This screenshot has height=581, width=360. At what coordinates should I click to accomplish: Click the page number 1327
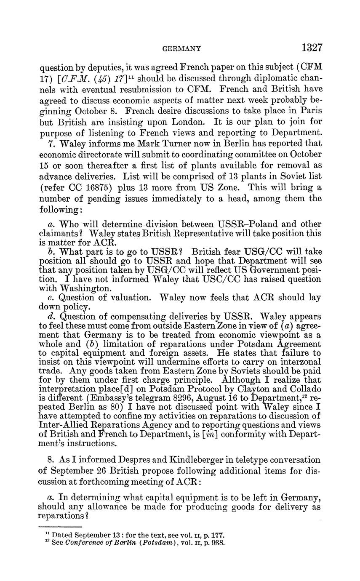click(312, 48)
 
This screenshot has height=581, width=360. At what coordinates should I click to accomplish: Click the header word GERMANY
click(181, 49)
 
